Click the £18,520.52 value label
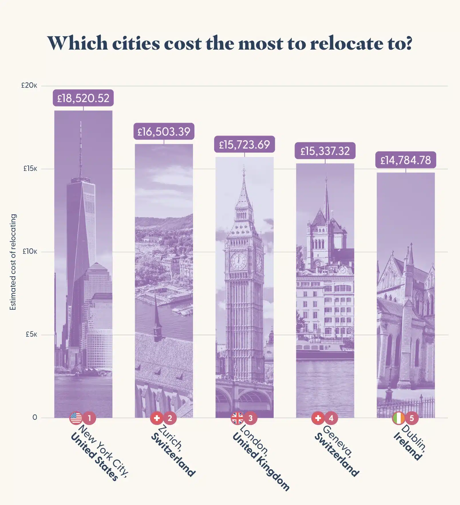tap(83, 98)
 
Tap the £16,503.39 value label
tap(164, 132)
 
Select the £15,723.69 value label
tap(244, 145)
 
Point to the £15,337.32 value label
tap(325, 151)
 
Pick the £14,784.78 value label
tap(406, 160)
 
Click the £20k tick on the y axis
tap(29, 85)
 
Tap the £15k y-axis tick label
tap(30, 169)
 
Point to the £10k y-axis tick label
tap(30, 251)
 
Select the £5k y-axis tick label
tap(31, 334)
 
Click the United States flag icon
tap(76, 418)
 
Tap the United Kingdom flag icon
tap(237, 418)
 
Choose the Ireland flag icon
tap(398, 418)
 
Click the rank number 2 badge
tap(170, 418)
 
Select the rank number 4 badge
tap(331, 418)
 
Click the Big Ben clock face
tap(238, 261)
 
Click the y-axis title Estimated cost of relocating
tap(13, 262)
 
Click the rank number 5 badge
tap(412, 418)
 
